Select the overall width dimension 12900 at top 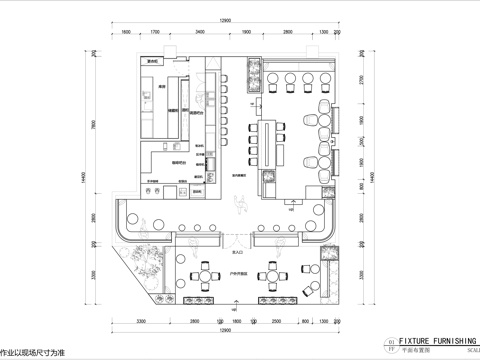click(x=228, y=20)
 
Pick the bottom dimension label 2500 click(x=277, y=321)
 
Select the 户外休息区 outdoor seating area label click(x=237, y=258)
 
